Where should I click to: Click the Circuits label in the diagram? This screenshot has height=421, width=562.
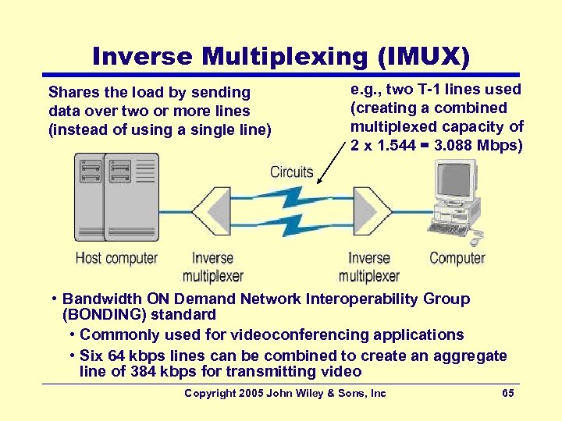click(x=291, y=172)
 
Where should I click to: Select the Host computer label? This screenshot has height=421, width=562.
click(x=116, y=258)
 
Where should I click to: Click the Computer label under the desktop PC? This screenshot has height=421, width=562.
click(x=457, y=258)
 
